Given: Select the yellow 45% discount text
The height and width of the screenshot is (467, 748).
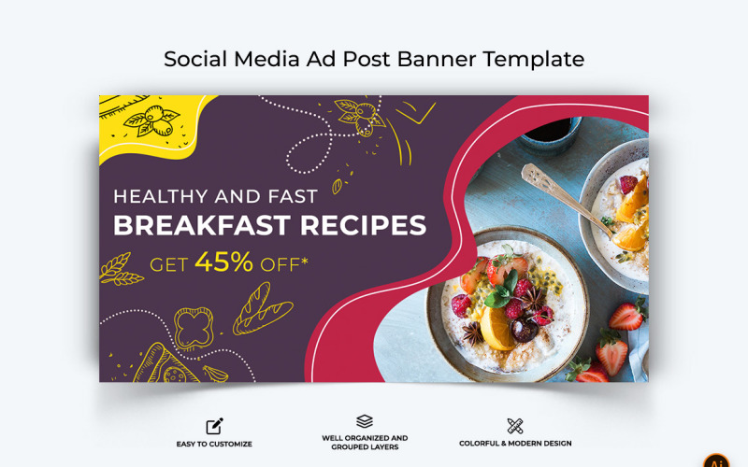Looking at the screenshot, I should point(223,262).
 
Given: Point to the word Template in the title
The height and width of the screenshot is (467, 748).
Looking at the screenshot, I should point(533,59).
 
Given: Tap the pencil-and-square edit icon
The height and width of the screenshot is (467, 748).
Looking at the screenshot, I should point(214,426).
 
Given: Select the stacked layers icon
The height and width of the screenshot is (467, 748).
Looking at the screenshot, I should point(365,422).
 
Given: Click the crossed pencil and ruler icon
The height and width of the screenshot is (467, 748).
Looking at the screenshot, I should point(515,426).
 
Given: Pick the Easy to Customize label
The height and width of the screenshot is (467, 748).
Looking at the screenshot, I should point(214,444).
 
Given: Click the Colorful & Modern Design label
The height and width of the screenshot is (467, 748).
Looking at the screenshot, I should point(515,444).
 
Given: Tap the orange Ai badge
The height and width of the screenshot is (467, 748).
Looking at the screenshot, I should point(717,460).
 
